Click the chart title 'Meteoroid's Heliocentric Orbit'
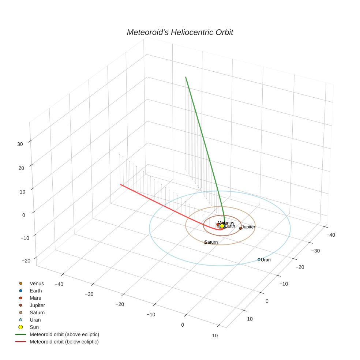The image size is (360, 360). coord(180,32)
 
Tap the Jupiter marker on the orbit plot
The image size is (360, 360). coord(241,228)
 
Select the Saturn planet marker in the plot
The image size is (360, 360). coord(205,243)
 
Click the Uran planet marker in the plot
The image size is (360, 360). coord(259,260)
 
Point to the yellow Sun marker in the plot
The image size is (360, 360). coord(222,226)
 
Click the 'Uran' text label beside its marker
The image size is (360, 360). coord(266,260)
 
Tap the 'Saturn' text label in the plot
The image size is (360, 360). coord(211,242)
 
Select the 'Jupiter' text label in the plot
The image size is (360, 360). coord(248,227)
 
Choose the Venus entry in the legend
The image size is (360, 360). coord(37,284)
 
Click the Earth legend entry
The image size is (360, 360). coord(36,291)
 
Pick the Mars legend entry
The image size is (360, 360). coord(35,298)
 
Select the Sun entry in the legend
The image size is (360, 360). coord(34,327)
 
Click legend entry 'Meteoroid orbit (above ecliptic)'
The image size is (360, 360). coord(64,334)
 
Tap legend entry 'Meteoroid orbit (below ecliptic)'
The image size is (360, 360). coord(64,342)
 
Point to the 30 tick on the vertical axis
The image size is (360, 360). coord(20,144)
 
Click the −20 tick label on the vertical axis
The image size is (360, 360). coord(26,260)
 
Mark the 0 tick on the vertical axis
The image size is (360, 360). coord(23,215)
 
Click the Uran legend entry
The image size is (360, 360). coord(35,320)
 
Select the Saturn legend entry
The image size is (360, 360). coord(37,312)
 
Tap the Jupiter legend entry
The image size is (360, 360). coord(37,305)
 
